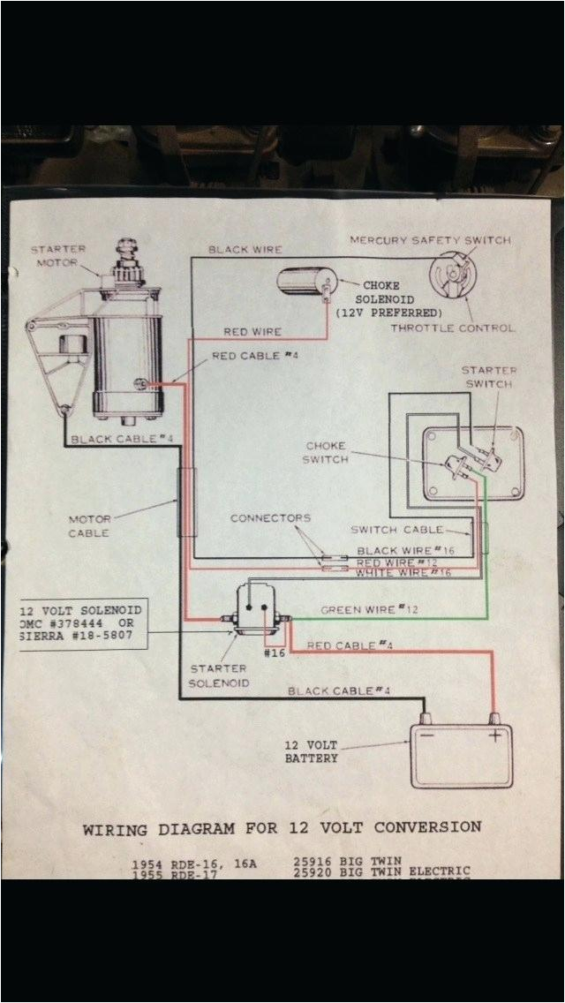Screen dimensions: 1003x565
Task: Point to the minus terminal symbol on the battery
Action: pyautogui.click(x=427, y=735)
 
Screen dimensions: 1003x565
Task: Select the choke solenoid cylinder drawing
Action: pyautogui.click(x=305, y=283)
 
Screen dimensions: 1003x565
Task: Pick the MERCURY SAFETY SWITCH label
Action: pyautogui.click(x=430, y=240)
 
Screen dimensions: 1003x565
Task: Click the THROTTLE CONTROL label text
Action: pyautogui.click(x=454, y=328)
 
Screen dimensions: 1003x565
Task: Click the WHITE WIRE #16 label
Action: pyautogui.click(x=403, y=574)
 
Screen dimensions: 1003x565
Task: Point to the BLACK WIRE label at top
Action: pyautogui.click(x=245, y=250)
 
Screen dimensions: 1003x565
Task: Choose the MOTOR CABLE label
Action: pyautogui.click(x=89, y=526)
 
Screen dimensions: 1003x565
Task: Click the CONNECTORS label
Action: pyautogui.click(x=271, y=518)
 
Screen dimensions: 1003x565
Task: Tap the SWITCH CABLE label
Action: pyautogui.click(x=397, y=530)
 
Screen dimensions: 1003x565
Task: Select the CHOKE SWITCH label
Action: pyautogui.click(x=325, y=453)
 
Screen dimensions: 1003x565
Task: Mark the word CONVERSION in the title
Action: pyautogui.click(x=428, y=828)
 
